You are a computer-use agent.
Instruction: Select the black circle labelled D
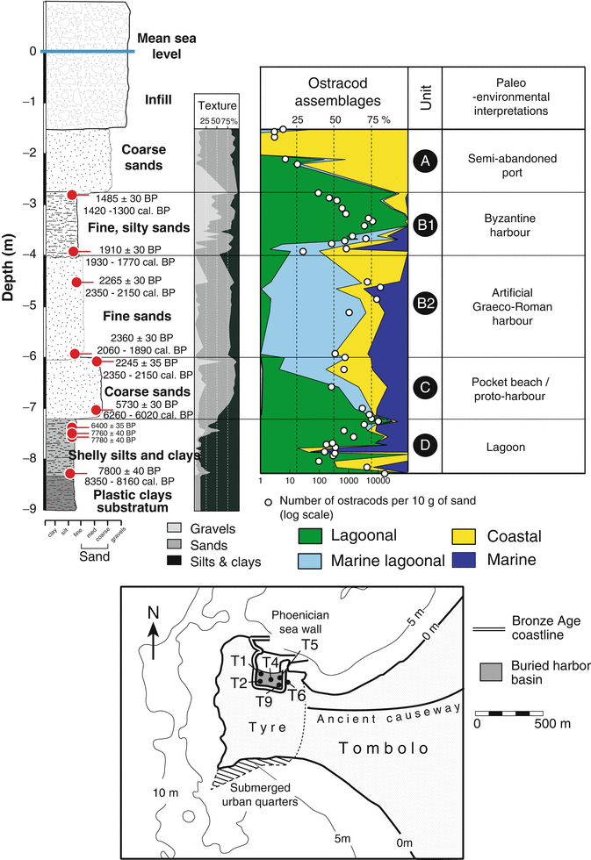point(425,445)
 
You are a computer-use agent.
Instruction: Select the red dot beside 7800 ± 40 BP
point(70,474)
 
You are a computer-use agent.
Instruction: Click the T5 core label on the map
point(309,645)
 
